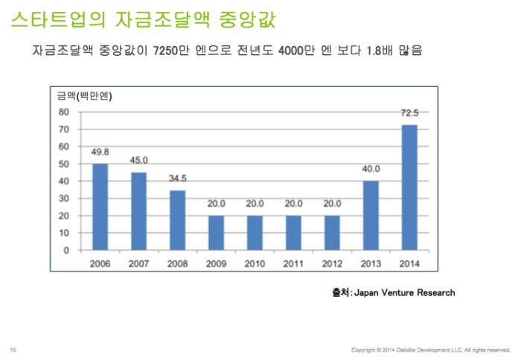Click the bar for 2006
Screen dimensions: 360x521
pos(100,207)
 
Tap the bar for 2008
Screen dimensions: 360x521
pos(177,220)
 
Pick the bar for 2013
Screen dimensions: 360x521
pos(371,216)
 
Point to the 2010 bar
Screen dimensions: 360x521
pos(255,233)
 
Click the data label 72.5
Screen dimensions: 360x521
pos(409,113)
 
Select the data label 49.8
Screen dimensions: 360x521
pos(100,152)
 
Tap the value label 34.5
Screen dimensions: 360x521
pos(177,179)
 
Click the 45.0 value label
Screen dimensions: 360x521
pos(138,161)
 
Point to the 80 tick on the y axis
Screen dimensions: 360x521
pos(64,112)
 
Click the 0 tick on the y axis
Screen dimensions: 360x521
pos(66,251)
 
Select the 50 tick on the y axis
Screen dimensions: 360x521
pos(64,164)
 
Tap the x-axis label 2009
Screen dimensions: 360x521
pos(216,263)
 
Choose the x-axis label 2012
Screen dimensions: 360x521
pos(332,263)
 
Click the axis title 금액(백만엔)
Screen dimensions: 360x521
pos(84,96)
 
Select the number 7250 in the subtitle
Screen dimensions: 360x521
pos(165,51)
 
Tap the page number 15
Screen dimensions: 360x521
pos(13,350)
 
